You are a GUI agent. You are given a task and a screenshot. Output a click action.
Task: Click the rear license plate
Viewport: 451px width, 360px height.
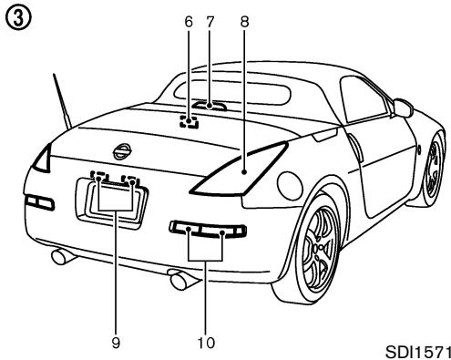[x=116, y=198]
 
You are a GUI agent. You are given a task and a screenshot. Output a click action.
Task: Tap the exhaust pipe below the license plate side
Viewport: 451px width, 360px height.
[x=61, y=257]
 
